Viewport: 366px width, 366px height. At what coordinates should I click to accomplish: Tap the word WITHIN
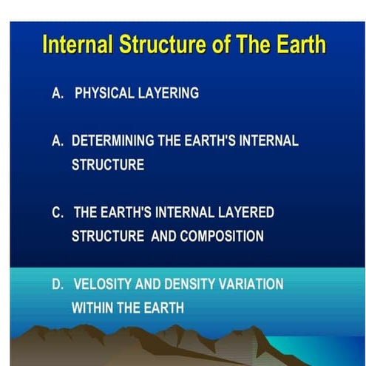pyautogui.click(x=92, y=307)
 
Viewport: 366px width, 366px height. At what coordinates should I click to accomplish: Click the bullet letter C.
pyautogui.click(x=57, y=213)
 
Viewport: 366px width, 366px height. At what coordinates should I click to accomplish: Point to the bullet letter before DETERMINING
pyautogui.click(x=57, y=142)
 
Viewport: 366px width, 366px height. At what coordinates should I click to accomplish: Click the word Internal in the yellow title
pyautogui.click(x=77, y=45)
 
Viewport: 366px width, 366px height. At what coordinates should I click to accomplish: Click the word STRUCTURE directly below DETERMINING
pyautogui.click(x=108, y=165)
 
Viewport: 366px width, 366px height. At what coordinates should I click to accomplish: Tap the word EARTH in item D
pyautogui.click(x=158, y=307)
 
